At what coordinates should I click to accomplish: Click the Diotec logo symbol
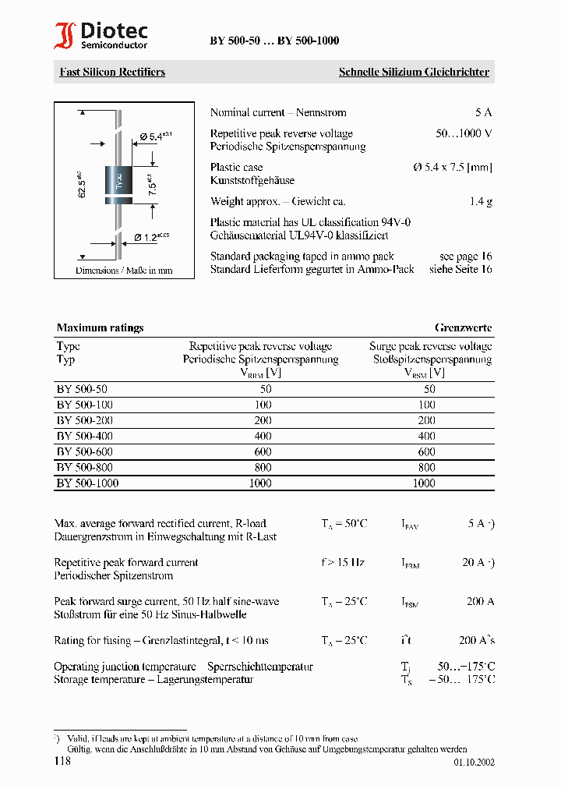pyautogui.click(x=65, y=37)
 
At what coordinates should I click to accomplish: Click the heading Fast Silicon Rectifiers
pyautogui.click(x=112, y=72)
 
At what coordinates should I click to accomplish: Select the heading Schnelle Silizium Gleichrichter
pyautogui.click(x=414, y=72)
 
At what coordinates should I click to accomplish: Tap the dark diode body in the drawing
pyautogui.click(x=119, y=183)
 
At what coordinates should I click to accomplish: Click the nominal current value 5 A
pyautogui.click(x=483, y=112)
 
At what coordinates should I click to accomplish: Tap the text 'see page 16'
pyautogui.click(x=465, y=256)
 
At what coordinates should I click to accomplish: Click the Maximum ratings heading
pyautogui.click(x=100, y=327)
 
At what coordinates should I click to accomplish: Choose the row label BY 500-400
pyautogui.click(x=85, y=436)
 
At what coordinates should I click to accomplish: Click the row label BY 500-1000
pyautogui.click(x=87, y=483)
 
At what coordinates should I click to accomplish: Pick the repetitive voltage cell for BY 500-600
pyautogui.click(x=263, y=451)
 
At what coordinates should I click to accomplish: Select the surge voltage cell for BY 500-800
pyautogui.click(x=426, y=467)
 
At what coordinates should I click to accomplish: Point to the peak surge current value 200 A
pyautogui.click(x=481, y=601)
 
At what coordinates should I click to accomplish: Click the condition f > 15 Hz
pyautogui.click(x=343, y=562)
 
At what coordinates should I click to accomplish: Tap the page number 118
pyautogui.click(x=62, y=760)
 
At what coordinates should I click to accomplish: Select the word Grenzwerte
pyautogui.click(x=463, y=327)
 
